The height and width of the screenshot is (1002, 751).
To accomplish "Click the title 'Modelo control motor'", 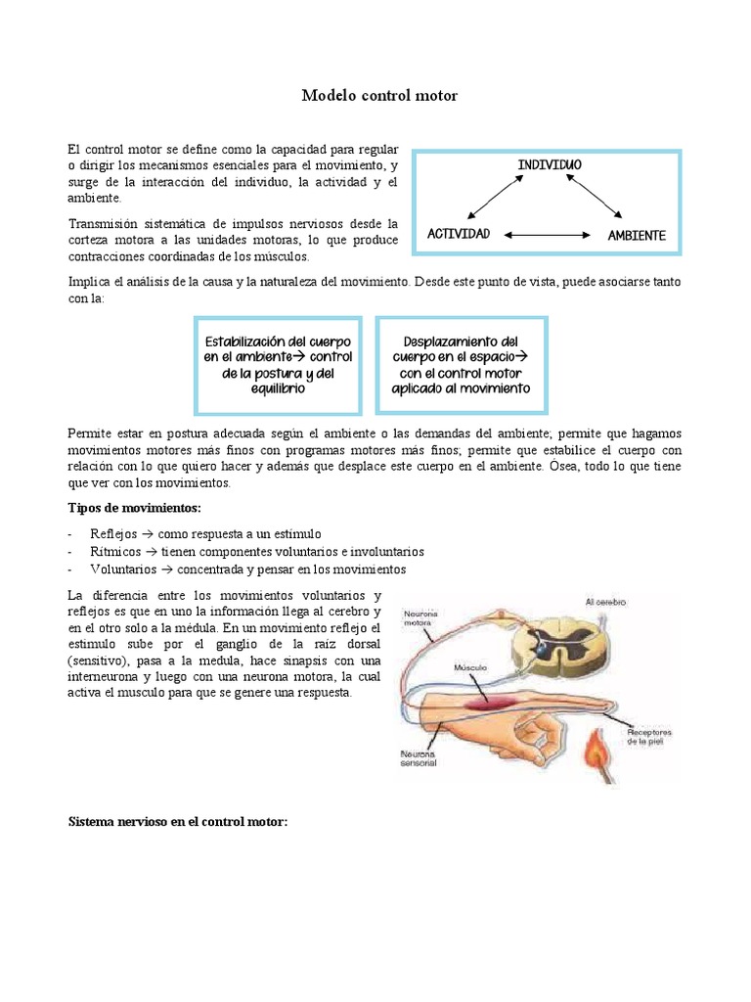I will tap(378, 96).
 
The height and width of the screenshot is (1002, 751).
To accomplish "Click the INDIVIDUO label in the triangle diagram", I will tap(549, 165).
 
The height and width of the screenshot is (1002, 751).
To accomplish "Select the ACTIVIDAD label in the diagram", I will tap(458, 235).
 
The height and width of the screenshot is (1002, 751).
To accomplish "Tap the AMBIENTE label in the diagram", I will tap(636, 236).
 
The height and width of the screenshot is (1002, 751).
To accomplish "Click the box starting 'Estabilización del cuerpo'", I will tap(278, 365).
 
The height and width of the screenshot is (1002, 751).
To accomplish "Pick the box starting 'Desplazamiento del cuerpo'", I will tap(461, 365).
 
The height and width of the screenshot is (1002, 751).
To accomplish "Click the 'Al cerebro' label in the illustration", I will tap(605, 602).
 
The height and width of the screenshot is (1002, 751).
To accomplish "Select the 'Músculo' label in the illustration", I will tap(469, 666).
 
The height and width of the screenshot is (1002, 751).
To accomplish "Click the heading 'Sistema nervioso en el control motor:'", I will tap(177, 822).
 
